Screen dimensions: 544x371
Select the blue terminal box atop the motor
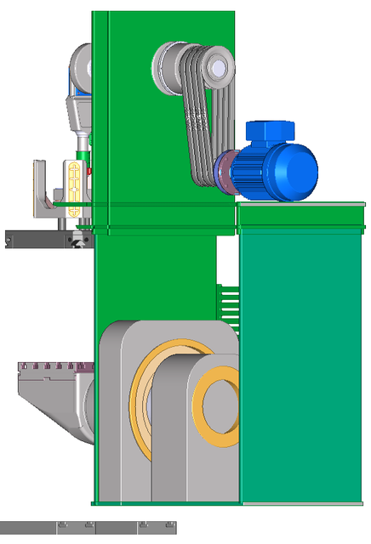(x=269, y=132)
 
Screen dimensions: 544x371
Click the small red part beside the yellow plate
(x=88, y=172)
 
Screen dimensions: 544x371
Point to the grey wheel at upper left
(x=79, y=64)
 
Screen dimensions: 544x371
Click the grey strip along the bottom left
(x=85, y=527)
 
